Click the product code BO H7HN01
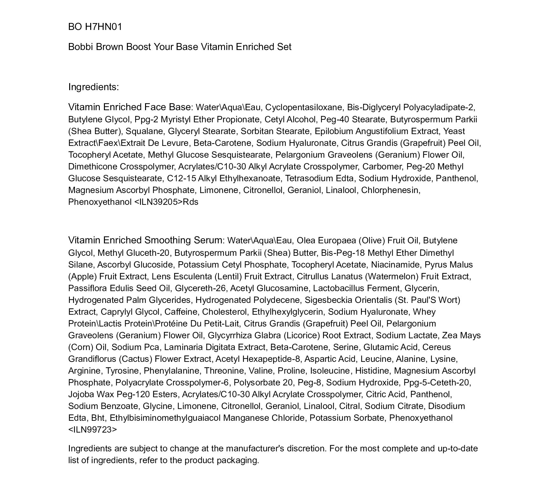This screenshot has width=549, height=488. [95, 27]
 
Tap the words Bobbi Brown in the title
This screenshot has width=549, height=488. [96, 47]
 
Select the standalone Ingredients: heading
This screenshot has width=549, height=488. [93, 87]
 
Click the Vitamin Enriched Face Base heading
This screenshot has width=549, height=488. [129, 107]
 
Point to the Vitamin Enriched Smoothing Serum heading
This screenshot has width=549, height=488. [145, 240]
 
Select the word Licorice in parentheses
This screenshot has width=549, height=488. [301, 335]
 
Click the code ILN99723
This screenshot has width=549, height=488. [92, 430]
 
